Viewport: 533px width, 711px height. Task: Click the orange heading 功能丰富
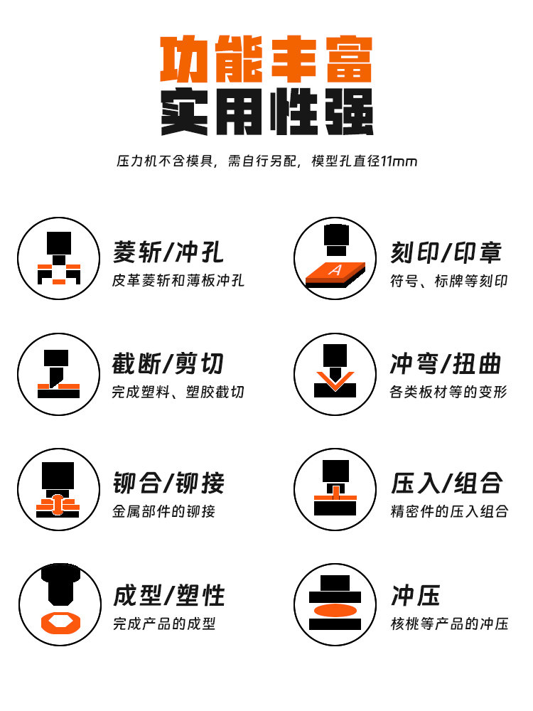tap(266, 60)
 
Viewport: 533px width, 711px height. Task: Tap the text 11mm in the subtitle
tap(399, 161)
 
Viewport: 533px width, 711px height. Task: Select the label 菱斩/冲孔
tap(168, 252)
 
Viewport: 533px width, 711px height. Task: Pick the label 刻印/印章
tap(446, 252)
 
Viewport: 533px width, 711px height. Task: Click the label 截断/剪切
tap(168, 363)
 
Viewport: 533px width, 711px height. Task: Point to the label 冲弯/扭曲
tap(446, 363)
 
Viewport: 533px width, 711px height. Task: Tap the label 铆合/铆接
tap(168, 483)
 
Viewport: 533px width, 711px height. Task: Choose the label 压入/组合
tap(446, 483)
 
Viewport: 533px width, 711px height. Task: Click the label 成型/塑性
tap(168, 595)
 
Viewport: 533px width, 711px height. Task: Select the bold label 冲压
tap(416, 595)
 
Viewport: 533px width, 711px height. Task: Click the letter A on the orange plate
tap(335, 270)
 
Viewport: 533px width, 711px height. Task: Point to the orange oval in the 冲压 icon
tap(335, 611)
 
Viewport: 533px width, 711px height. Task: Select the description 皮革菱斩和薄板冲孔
tap(178, 281)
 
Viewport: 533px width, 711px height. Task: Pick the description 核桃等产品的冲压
tap(449, 624)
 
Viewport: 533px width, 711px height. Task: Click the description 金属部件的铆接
tap(163, 511)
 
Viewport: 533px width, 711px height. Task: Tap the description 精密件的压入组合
tap(449, 511)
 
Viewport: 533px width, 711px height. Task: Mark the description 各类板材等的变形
tap(449, 392)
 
